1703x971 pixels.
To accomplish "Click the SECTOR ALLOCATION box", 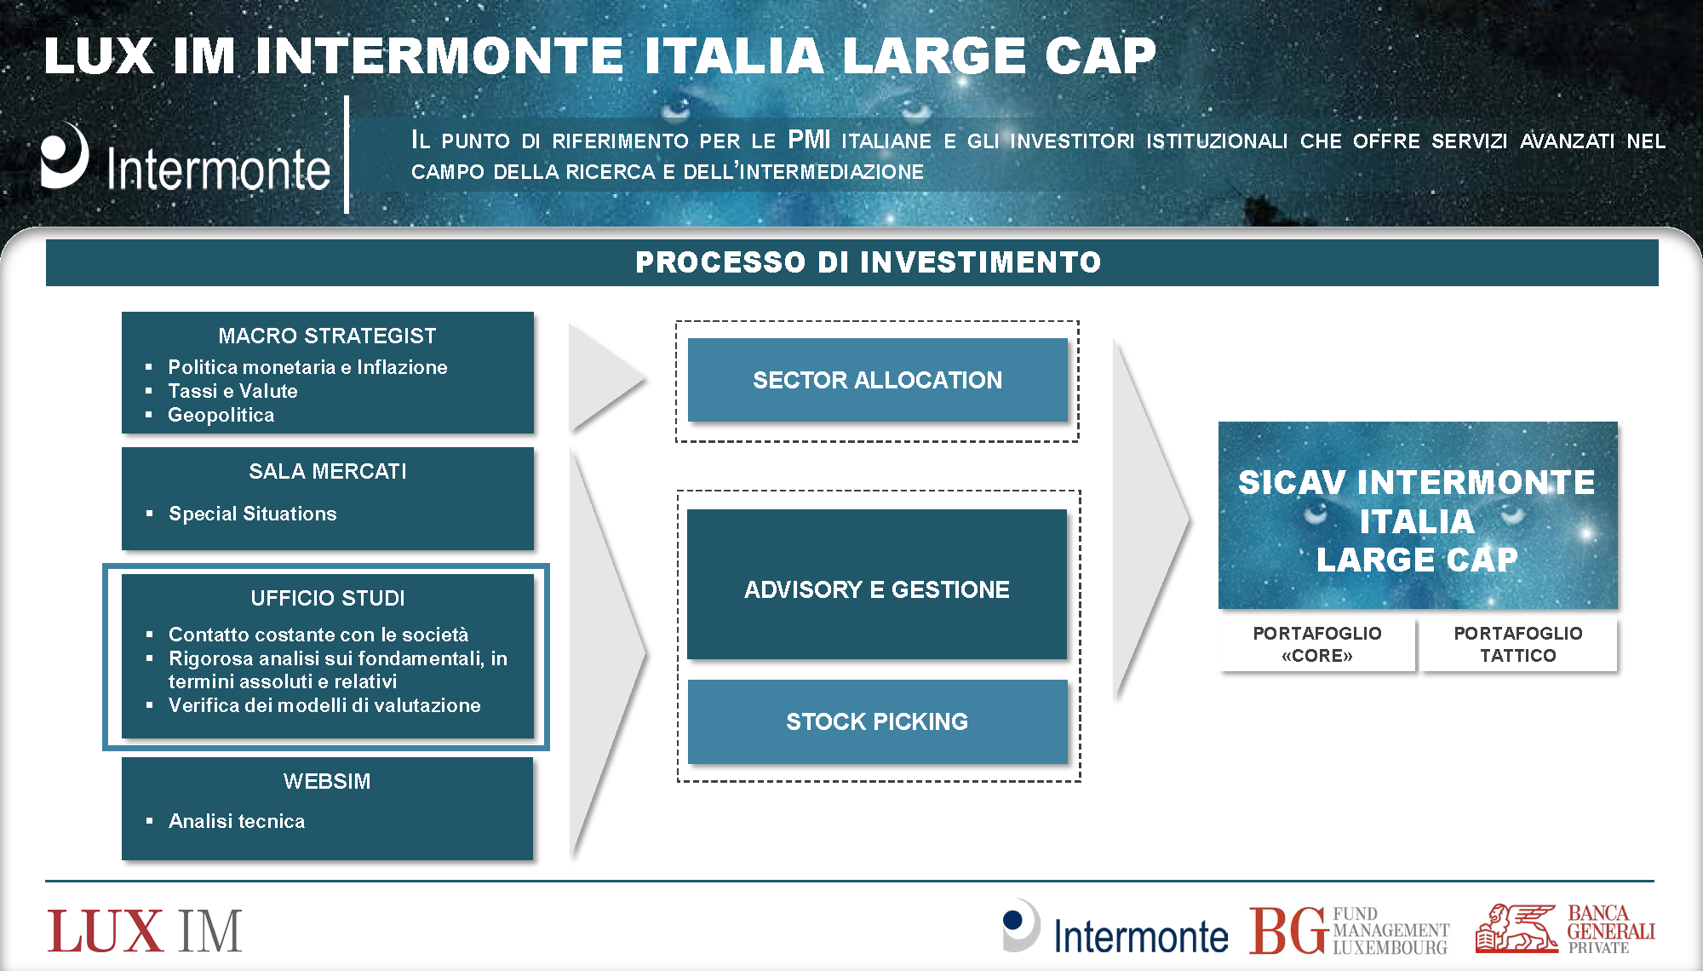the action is (877, 380).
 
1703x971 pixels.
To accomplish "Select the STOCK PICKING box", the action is (877, 721).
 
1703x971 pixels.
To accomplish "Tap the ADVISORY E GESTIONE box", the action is (877, 584).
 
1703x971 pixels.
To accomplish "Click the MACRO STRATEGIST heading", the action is (327, 336).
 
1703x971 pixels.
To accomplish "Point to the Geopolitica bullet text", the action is (221, 415).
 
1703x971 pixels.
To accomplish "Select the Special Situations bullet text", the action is (252, 514).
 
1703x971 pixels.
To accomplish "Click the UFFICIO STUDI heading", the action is (328, 598).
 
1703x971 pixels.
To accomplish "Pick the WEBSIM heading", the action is (327, 781).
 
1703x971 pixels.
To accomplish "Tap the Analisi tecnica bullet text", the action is (237, 821).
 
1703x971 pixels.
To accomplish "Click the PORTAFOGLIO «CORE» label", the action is (1317, 645).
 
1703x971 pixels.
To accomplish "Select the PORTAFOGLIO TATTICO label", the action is (1518, 645).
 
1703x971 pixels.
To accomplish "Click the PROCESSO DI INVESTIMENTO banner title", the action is (869, 261).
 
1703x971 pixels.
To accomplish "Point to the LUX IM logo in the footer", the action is (145, 932).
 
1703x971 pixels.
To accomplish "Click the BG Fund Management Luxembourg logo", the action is (1349, 931).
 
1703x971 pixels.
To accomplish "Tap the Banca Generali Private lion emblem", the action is (1517, 928).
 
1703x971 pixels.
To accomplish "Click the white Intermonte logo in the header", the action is (185, 158).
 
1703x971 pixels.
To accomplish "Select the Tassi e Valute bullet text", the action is (232, 391).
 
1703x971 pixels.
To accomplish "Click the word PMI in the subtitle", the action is (809, 139).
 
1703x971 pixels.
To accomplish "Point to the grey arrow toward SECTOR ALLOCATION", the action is (607, 377).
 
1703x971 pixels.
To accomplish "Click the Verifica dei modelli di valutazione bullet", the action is (324, 705).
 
